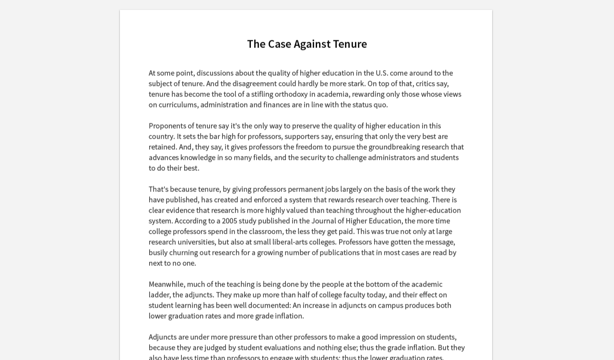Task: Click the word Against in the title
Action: point(312,44)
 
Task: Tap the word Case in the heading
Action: point(279,44)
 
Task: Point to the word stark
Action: point(356,84)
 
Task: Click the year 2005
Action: point(230,221)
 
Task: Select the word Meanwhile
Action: point(166,284)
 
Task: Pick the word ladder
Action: point(159,295)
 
